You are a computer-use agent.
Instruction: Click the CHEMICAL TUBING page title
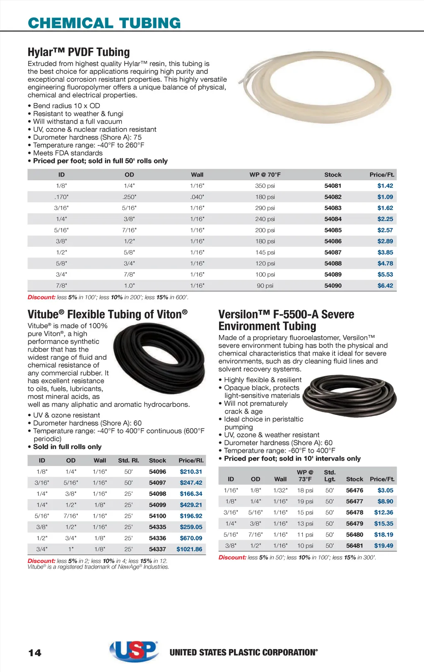click(104, 23)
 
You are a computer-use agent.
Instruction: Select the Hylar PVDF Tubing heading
click(79, 52)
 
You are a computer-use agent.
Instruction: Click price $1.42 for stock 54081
click(385, 186)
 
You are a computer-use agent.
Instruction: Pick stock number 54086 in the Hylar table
click(333, 241)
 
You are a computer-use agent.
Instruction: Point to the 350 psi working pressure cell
click(265, 186)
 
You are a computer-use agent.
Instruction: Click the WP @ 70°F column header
click(265, 175)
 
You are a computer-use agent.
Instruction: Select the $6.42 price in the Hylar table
click(385, 286)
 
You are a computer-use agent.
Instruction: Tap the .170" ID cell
click(61, 197)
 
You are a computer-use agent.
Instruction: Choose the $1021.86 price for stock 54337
click(189, 549)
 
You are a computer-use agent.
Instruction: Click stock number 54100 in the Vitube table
click(157, 516)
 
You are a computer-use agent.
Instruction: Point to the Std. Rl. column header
click(128, 461)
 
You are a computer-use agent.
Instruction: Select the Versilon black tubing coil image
click(349, 395)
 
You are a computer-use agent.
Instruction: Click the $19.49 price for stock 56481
click(383, 546)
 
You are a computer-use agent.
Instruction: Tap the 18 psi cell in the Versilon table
click(305, 490)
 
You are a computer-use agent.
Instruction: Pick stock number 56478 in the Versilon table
click(354, 512)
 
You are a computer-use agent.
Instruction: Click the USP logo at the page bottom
click(134, 651)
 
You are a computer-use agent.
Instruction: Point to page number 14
click(35, 653)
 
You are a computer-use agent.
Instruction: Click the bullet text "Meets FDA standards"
click(68, 153)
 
